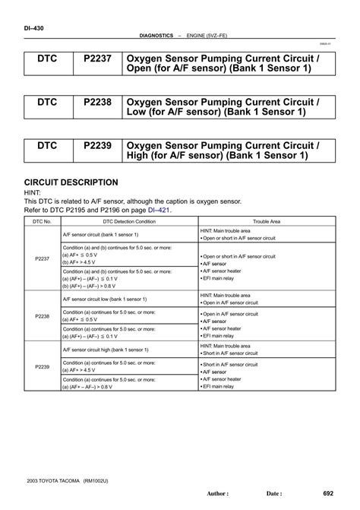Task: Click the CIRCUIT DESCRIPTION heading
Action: tap(71, 182)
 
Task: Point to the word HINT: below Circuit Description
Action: tap(34, 193)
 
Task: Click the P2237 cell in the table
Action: tap(42, 258)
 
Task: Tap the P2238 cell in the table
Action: tap(42, 315)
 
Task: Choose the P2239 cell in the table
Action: tap(42, 368)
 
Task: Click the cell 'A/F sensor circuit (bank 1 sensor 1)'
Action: tap(106, 234)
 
